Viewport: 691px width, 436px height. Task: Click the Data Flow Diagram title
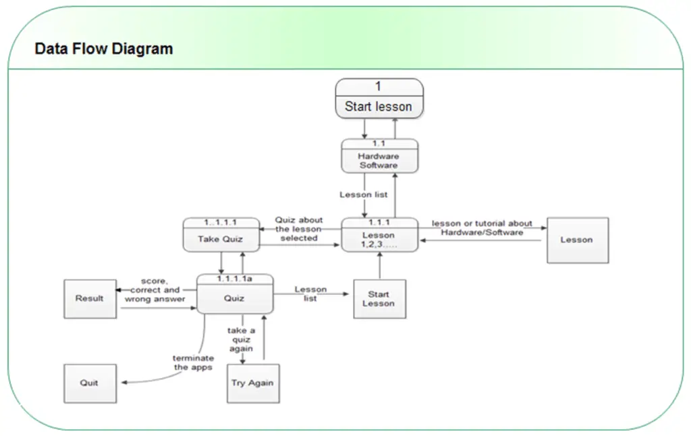[103, 49]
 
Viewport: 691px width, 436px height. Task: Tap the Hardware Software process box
[379, 157]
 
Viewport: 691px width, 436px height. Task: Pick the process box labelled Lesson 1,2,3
[379, 237]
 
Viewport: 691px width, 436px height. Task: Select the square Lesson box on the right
[577, 240]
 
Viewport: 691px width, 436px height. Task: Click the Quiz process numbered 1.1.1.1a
[235, 295]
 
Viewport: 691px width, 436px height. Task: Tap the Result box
[90, 298]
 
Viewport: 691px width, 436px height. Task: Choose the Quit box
[90, 383]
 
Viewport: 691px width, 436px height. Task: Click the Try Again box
[252, 383]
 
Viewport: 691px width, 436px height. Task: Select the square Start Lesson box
[379, 298]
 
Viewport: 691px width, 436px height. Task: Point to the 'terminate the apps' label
[194, 362]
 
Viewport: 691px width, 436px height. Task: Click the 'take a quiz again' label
[241, 339]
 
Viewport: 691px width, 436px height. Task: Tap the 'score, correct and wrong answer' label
[155, 290]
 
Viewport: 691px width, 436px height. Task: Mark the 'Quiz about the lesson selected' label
[299, 229]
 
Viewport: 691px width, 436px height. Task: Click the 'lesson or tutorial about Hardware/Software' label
[482, 227]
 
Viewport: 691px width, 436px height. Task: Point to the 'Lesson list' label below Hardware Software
[364, 195]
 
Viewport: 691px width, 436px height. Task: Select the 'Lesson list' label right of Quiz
[310, 294]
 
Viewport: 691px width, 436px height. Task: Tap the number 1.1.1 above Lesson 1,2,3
[379, 221]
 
